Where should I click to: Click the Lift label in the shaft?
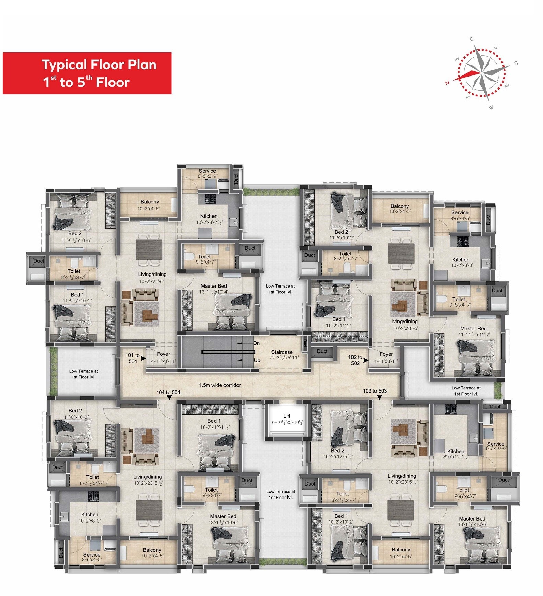(287, 416)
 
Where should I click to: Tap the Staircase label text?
(282, 352)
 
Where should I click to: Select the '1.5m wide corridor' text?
(220, 385)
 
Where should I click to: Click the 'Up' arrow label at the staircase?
(257, 360)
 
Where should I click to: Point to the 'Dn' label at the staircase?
(256, 343)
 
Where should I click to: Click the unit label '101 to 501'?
(132, 358)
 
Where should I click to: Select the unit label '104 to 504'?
(168, 392)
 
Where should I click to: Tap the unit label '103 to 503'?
(374, 391)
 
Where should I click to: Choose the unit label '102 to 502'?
(355, 360)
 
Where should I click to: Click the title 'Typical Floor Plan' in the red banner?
(99, 65)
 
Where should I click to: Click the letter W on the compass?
(491, 107)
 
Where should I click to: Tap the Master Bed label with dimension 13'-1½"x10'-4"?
(213, 286)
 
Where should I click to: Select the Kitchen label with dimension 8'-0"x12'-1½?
(455, 451)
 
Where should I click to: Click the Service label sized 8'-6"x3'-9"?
(207, 171)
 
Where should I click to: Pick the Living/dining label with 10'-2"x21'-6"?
(152, 274)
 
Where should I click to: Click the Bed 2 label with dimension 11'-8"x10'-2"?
(75, 410)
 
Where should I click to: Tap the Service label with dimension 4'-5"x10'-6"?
(496, 444)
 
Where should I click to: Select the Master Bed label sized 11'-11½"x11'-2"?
(473, 328)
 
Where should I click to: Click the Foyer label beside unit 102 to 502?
(386, 354)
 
